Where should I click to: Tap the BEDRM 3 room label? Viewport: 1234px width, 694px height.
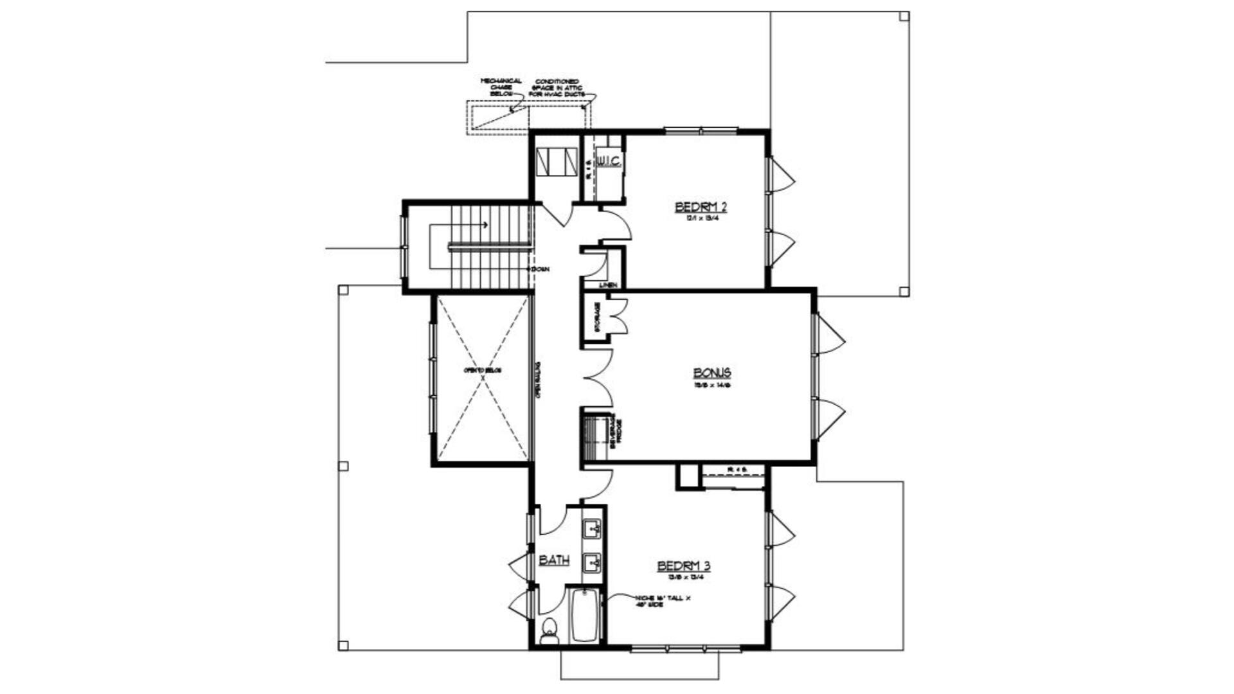(x=683, y=566)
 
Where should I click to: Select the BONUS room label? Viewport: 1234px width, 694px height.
(x=711, y=373)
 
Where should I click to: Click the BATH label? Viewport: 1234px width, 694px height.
(x=553, y=560)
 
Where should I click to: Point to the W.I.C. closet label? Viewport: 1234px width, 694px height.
(x=609, y=162)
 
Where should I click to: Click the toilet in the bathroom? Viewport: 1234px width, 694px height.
(x=549, y=632)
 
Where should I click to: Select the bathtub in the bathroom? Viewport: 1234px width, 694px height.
(x=585, y=615)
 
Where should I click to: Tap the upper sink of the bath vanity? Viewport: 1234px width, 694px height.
(x=592, y=530)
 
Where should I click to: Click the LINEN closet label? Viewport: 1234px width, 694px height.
(x=608, y=285)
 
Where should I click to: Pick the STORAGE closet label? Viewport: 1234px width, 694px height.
(x=597, y=317)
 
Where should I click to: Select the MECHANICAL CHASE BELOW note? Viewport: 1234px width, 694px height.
(x=501, y=87)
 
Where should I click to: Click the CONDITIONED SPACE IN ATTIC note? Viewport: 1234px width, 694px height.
(x=557, y=88)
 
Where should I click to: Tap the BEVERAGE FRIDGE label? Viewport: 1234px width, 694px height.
(x=616, y=431)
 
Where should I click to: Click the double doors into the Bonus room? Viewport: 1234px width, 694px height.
(x=598, y=378)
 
